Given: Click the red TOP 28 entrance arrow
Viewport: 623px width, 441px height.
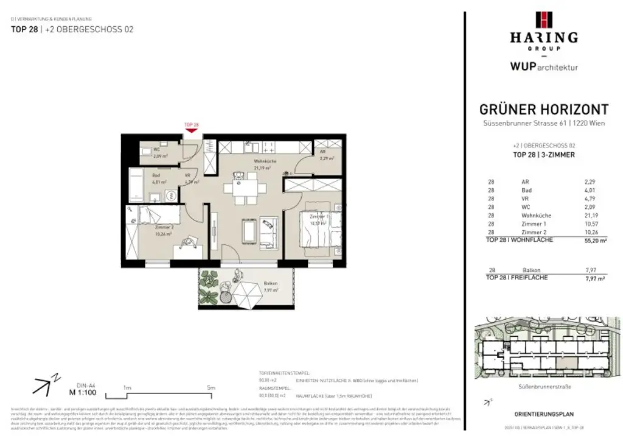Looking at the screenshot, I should [x=192, y=129].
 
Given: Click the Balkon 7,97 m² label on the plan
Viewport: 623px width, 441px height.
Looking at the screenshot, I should [x=270, y=287].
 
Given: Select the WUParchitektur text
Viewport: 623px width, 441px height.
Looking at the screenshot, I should [x=544, y=67].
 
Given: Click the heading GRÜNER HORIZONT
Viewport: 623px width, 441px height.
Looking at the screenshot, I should [x=544, y=110].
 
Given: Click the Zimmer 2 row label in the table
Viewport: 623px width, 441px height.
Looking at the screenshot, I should [x=532, y=232].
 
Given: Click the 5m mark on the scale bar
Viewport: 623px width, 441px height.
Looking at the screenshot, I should [x=211, y=387].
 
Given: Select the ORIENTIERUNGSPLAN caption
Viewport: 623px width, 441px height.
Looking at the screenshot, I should [x=543, y=414].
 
